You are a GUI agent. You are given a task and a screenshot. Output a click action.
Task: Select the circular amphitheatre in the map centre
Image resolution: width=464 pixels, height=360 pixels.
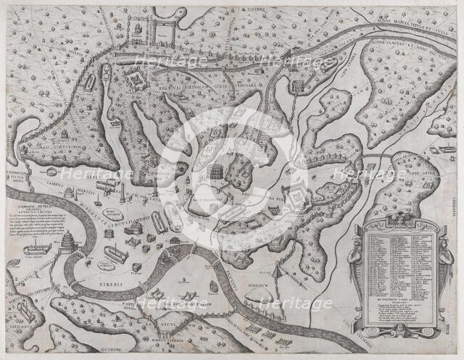coord(215,175)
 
